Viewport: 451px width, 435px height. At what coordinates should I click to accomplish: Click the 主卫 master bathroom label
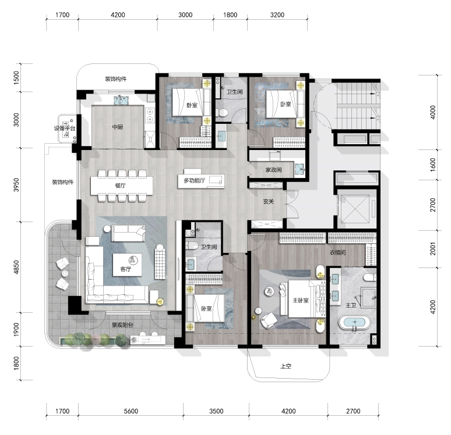351,305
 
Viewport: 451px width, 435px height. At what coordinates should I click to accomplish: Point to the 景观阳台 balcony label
122,325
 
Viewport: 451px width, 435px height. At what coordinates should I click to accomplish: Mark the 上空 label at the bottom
285,366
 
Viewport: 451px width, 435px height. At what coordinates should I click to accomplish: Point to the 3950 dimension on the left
17,185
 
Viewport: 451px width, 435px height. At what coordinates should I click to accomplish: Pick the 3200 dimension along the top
277,15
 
